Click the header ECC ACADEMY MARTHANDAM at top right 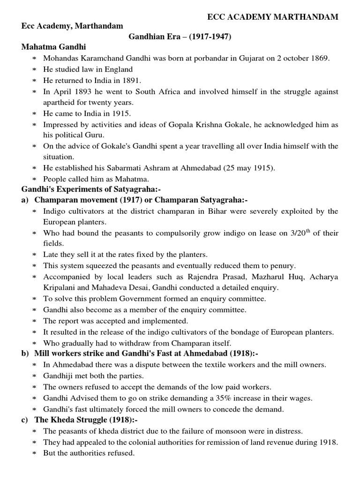tap(273, 17)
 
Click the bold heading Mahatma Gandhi tap(54, 47)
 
